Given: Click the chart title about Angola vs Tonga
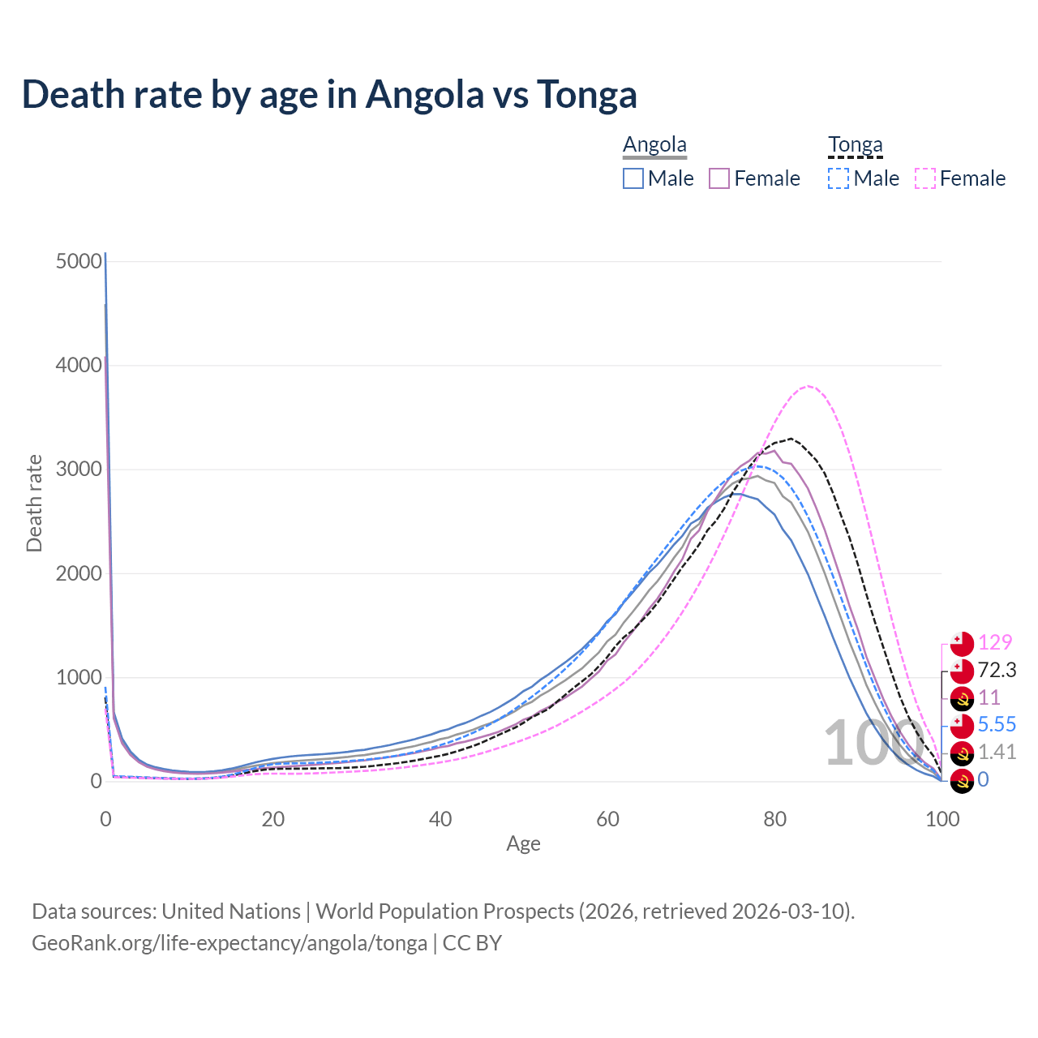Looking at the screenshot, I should [x=329, y=94].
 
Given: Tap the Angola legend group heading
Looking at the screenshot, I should [x=654, y=145].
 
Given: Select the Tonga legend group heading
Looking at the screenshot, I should [x=855, y=145].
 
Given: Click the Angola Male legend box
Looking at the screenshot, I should [x=633, y=178].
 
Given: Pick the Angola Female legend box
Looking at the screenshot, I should [x=719, y=178].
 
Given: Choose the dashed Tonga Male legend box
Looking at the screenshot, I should [x=839, y=178].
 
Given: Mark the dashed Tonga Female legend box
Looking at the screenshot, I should [x=925, y=178].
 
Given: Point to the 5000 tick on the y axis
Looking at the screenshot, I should [x=79, y=261].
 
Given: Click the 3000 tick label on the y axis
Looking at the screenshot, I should [x=79, y=470].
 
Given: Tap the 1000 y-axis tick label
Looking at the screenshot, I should [x=79, y=678].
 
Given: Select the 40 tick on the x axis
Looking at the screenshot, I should [x=440, y=819].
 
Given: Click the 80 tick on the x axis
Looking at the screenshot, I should [x=775, y=819].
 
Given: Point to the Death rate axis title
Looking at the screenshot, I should [x=34, y=504].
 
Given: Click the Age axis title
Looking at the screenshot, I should [x=523, y=844].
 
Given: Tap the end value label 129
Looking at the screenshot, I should [x=995, y=642].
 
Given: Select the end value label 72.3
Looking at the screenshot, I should [x=997, y=670].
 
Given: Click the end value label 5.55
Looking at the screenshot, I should [x=997, y=724].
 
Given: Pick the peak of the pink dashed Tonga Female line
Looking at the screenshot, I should [x=808, y=386].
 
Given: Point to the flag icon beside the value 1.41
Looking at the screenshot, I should [x=962, y=753].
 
